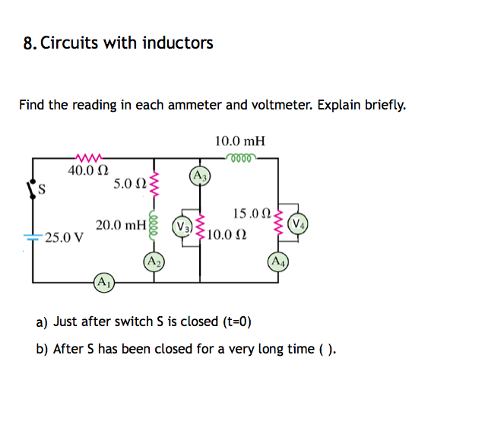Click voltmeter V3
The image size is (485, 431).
182,226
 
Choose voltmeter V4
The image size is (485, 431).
300,225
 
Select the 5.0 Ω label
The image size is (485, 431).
129,184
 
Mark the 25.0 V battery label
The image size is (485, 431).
64,237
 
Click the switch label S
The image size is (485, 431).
42,190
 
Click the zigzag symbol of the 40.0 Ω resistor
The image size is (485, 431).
87,158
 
